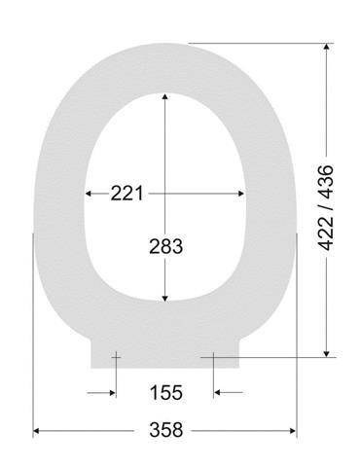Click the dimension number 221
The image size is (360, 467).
coord(127,194)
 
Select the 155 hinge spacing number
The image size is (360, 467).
coord(165,393)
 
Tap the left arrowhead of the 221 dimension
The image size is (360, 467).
coord(90,194)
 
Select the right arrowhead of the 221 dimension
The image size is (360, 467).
coord(242,194)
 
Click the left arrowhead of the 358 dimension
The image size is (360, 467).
coord(38,430)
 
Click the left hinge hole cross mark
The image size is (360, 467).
coord(115,357)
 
